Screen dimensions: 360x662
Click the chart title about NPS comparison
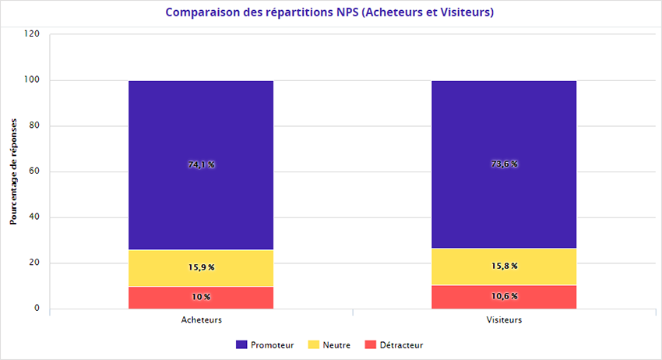330,13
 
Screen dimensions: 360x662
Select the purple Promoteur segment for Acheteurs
201,125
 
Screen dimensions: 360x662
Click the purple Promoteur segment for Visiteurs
504,125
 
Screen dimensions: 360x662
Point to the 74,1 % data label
201,164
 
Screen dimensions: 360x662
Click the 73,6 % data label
504,164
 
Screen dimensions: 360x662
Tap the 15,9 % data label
201,267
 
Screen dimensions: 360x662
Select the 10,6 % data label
504,296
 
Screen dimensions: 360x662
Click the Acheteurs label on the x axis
201,320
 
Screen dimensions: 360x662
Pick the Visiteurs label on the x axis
504,320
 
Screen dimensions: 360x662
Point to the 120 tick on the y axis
32,34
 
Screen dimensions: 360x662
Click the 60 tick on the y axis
34,171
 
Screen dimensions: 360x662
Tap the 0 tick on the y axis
37,309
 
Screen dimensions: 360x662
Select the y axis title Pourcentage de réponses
13,171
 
